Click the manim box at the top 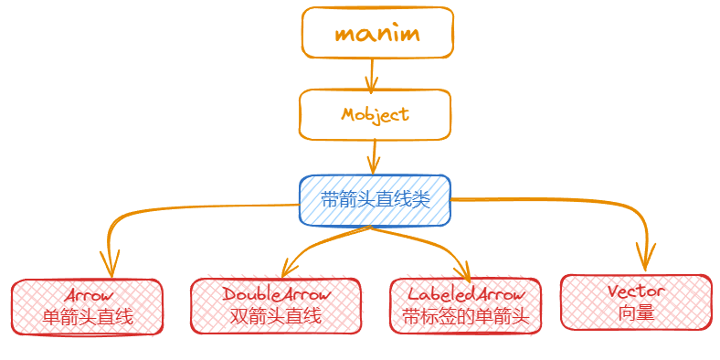tap(377, 34)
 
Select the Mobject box tap(375, 114)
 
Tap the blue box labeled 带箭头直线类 tap(375, 200)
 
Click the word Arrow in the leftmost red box tap(88, 296)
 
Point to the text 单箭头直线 tap(88, 317)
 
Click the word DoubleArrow tap(275, 295)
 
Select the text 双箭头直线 tap(275, 317)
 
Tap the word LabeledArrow tap(466, 295)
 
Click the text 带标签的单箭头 tap(466, 317)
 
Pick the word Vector tap(635, 291)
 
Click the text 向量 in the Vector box tap(635, 312)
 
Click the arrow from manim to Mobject tap(371, 75)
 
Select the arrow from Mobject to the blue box tap(373, 157)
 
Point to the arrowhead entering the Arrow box tap(110, 269)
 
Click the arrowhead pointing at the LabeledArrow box tap(465, 273)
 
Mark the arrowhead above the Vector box tap(646, 261)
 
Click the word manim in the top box tap(376, 35)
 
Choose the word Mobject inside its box tap(375, 114)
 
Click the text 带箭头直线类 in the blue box tap(375, 200)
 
